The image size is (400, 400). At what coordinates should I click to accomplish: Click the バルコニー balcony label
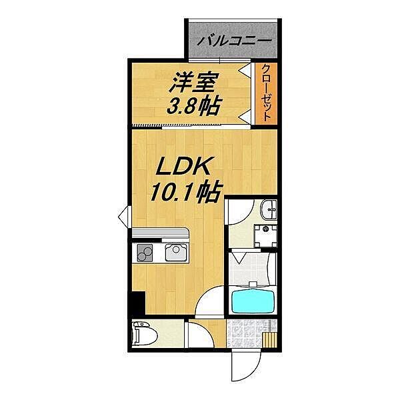click(234, 40)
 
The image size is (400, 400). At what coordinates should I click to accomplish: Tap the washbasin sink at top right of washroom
click(270, 210)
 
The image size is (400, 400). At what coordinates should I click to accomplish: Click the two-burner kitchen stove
click(145, 253)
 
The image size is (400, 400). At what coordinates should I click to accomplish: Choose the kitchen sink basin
click(177, 253)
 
